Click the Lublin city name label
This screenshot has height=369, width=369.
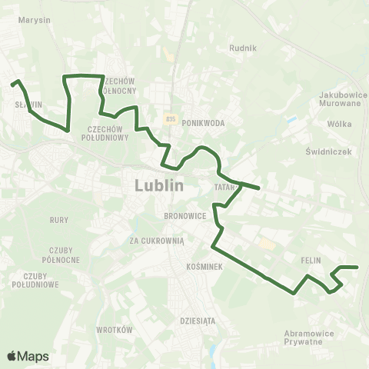tap(159, 185)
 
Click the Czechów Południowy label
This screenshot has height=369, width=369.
tap(108, 134)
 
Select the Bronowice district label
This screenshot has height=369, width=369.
tap(185, 216)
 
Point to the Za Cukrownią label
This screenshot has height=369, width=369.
tap(157, 241)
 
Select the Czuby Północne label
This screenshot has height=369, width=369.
tap(62, 255)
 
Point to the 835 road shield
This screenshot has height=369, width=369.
tap(171, 118)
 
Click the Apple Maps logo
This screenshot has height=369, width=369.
tap(28, 356)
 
